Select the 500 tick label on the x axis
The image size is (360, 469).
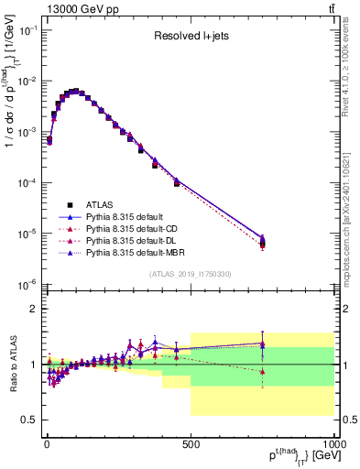click(190, 443)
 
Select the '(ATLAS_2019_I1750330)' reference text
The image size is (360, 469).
click(190, 274)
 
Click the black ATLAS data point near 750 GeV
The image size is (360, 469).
click(263, 243)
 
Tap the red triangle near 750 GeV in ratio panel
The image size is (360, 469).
click(263, 372)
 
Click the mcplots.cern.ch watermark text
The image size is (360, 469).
click(351, 211)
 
